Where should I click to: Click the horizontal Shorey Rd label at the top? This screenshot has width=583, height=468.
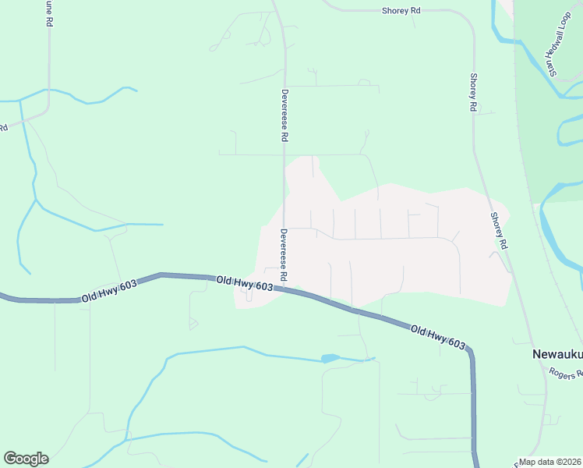(401, 11)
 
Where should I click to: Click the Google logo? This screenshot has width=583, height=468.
(26, 459)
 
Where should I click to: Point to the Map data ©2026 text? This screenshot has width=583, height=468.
(550, 462)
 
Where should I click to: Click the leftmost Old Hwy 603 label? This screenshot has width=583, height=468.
(109, 292)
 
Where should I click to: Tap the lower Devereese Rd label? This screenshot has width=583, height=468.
(284, 255)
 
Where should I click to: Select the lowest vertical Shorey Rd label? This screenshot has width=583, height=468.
(499, 231)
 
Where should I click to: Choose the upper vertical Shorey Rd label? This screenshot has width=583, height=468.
(472, 92)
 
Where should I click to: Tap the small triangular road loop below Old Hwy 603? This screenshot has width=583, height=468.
(193, 324)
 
